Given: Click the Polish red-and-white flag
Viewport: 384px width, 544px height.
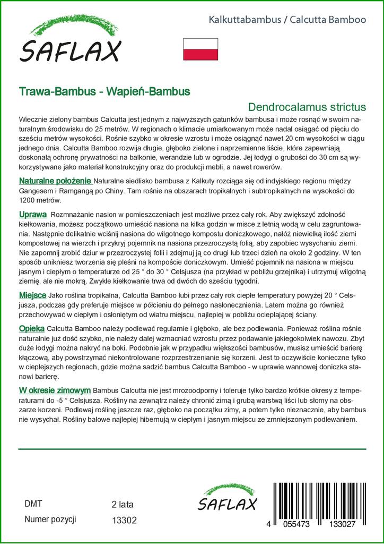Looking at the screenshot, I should coord(200,49).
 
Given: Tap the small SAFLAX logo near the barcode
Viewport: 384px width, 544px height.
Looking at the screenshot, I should coord(227,499).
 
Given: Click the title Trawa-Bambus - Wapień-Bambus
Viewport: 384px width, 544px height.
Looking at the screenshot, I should coord(104,91).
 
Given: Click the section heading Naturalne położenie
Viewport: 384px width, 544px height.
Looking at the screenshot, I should coord(55,181).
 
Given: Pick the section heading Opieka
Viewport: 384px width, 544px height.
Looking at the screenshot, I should coord(32,328).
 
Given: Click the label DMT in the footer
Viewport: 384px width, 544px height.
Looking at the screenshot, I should coord(33,504).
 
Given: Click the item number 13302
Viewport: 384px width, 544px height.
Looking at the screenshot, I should coord(125,521).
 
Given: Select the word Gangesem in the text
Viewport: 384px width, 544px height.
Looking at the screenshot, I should coord(36,191).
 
